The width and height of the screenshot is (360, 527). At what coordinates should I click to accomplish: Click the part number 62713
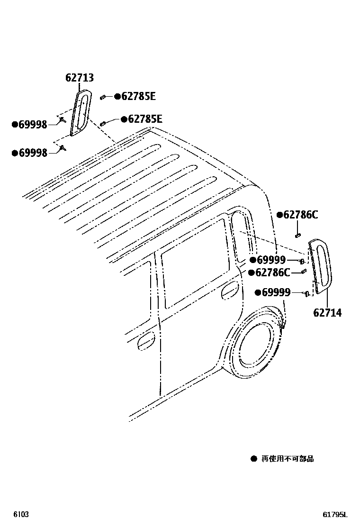pos(80,78)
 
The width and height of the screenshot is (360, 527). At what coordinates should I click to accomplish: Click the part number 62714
pos(327,313)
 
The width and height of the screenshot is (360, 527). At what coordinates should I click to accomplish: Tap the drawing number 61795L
pos(335,515)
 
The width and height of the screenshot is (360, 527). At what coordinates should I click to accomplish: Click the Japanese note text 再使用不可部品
pos(288,459)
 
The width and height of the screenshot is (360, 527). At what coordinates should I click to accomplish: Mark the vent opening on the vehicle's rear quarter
pos(242,237)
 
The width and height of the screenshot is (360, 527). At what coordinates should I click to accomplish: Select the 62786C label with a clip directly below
pos(300,215)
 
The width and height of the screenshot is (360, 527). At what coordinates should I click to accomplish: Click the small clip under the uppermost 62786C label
pos(298,234)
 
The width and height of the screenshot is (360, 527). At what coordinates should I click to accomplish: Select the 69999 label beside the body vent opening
pos(270,260)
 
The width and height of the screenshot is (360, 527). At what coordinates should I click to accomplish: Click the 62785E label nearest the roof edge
pos(144,119)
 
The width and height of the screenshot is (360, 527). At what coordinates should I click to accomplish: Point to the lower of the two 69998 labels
pos(33,153)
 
